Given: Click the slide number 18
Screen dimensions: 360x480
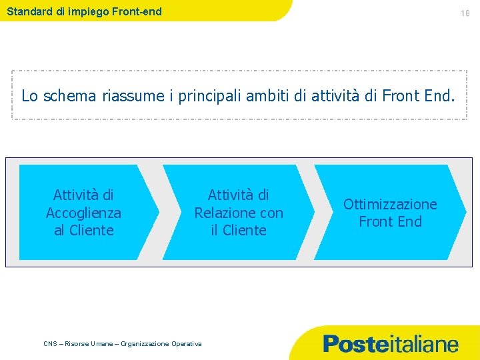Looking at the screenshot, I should [465, 13].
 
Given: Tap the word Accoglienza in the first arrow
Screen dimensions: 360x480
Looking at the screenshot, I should [83, 213].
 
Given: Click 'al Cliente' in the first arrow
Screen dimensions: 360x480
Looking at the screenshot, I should [83, 230].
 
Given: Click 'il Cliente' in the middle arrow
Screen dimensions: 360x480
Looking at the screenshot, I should [239, 230].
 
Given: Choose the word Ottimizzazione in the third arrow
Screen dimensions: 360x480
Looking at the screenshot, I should [390, 204].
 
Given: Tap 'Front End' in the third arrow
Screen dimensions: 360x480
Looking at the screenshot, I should [390, 221].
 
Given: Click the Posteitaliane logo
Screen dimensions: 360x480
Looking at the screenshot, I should [391, 344].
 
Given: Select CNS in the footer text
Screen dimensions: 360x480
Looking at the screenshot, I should [50, 343].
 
